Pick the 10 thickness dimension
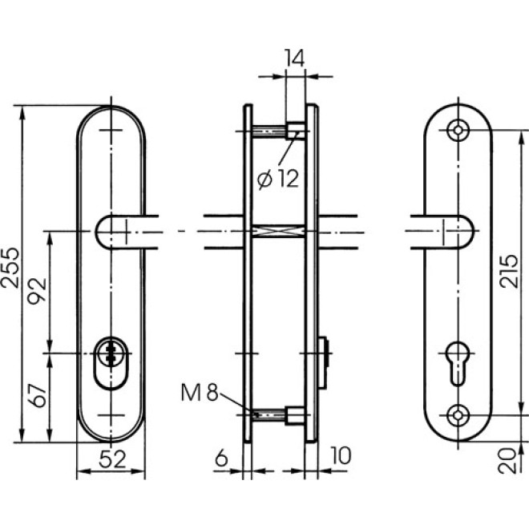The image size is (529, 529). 340,456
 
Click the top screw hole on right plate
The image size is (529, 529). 458,129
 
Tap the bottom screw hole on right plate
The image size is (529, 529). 458,414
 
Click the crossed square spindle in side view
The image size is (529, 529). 278,232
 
